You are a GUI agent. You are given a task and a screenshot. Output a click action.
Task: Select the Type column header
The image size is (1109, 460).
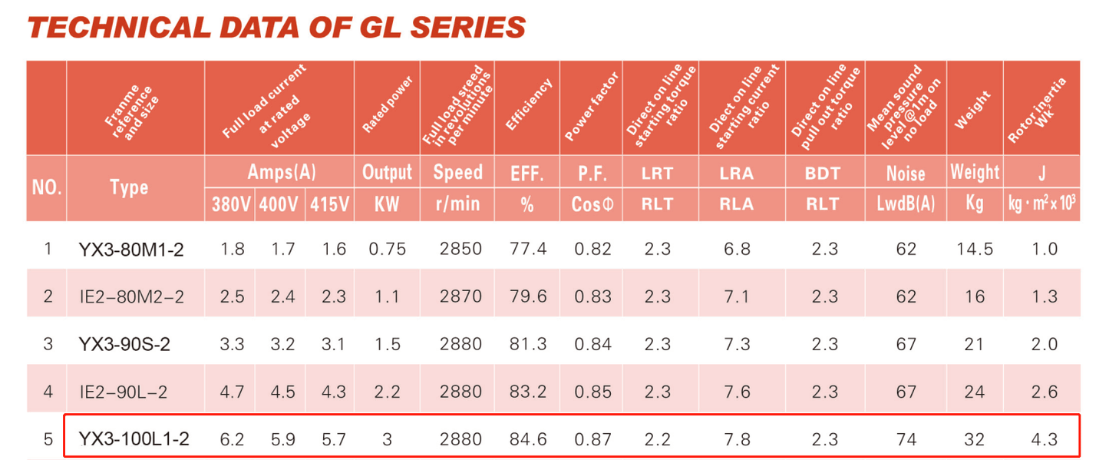(x=129, y=188)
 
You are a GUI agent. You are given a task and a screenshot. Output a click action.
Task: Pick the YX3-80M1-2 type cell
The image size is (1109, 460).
(x=131, y=249)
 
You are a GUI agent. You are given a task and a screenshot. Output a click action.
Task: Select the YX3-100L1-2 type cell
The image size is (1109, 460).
(x=134, y=439)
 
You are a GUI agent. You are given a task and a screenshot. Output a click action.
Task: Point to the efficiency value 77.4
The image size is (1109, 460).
(x=527, y=249)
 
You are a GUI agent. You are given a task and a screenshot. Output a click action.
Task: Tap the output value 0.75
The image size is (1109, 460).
(x=387, y=249)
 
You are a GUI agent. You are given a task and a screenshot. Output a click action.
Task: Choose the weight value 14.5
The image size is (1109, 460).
(x=974, y=249)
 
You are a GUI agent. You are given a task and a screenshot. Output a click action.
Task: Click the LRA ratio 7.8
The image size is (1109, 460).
(x=737, y=439)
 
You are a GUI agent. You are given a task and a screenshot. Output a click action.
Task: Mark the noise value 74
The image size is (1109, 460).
(x=906, y=439)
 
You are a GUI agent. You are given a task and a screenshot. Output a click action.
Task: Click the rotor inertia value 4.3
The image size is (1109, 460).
(x=1042, y=439)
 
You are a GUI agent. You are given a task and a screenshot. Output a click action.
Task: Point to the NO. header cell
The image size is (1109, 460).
(x=47, y=188)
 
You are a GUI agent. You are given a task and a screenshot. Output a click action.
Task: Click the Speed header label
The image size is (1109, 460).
(x=458, y=172)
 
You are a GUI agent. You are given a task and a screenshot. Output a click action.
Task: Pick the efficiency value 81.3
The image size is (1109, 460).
(x=527, y=344)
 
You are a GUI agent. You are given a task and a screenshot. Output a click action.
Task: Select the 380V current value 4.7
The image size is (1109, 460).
(x=231, y=392)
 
